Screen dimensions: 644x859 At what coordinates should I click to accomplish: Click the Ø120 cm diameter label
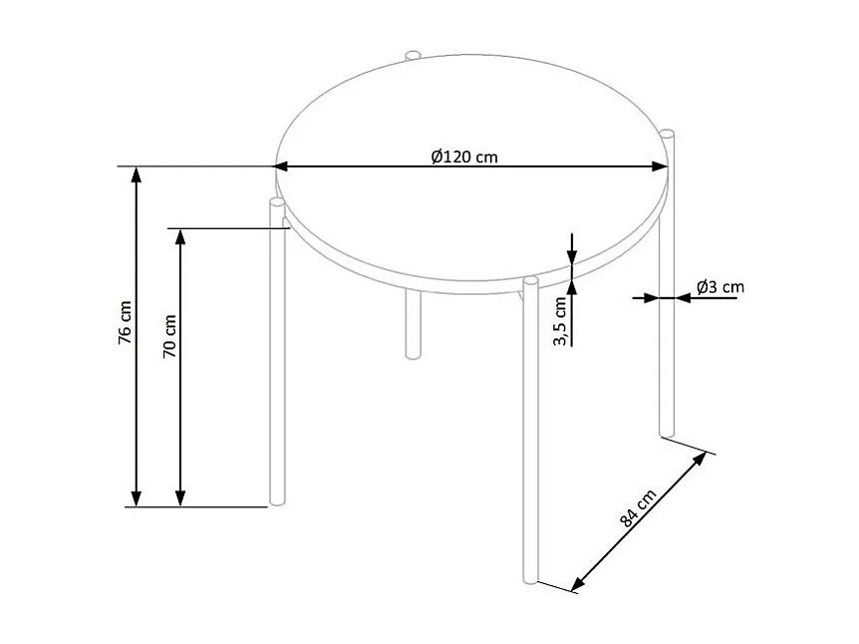464,156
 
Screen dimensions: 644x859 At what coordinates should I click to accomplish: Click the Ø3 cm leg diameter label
720,287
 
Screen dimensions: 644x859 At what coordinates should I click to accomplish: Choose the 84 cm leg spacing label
639,508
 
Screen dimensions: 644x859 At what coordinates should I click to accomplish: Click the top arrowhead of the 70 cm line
180,237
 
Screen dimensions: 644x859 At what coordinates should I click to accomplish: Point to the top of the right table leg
669,134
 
